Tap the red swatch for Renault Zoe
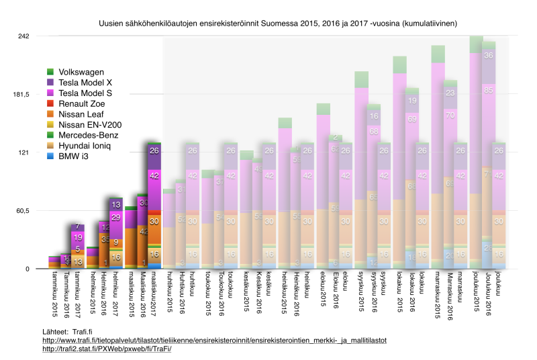[51, 103]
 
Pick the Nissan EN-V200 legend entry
[90, 125]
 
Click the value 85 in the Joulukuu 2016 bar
[489, 89]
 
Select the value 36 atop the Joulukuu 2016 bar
[489, 56]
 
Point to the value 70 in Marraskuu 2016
[450, 115]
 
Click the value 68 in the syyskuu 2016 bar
[374, 131]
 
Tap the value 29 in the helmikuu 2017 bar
[115, 216]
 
